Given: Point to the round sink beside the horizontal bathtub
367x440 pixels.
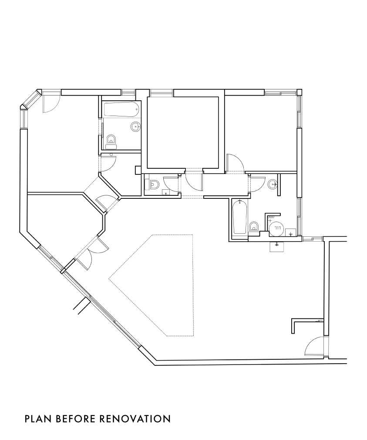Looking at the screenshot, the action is [x=135, y=127].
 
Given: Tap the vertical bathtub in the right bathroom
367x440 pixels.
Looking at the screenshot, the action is [x=240, y=218].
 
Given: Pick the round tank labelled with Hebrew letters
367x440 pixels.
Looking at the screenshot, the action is [x=278, y=228].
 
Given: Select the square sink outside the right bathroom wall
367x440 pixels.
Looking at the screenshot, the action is [x=277, y=246].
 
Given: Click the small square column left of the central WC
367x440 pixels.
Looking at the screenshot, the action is [x=138, y=170].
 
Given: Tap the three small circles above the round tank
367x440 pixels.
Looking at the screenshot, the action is [x=271, y=218].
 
